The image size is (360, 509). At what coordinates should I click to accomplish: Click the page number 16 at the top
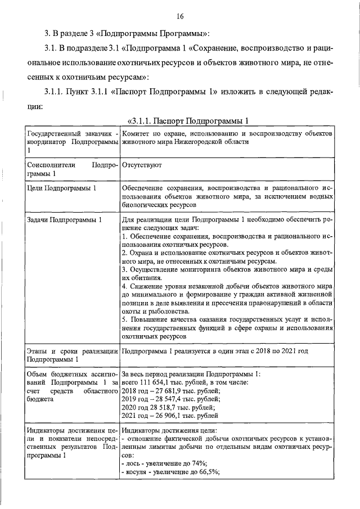pyautogui.click(x=181, y=16)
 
